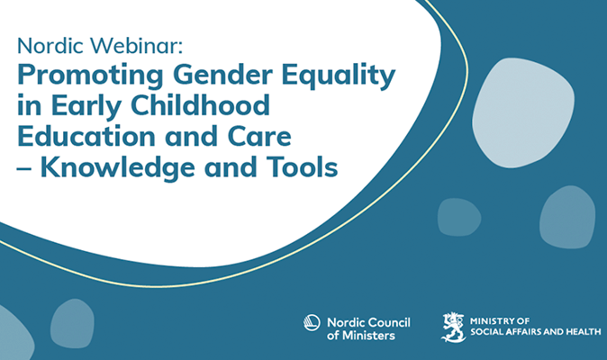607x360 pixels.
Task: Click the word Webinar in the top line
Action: coord(136,45)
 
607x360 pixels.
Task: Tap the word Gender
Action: coord(223,74)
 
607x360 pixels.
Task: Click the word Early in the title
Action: coord(86,106)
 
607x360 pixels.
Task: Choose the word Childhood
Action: coord(200,104)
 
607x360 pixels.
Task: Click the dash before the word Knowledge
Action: coord(24,168)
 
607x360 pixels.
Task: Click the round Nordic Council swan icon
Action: coord(312,322)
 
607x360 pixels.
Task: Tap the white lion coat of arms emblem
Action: coord(453,327)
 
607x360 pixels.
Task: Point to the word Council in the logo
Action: coord(389,322)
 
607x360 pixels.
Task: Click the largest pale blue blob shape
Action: coord(523,112)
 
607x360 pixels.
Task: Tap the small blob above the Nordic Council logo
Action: coord(459,217)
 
